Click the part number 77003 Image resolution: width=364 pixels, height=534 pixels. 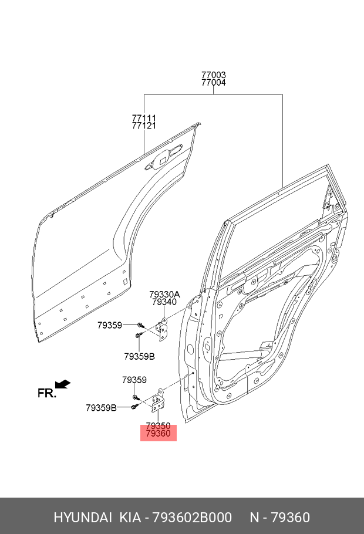point(213,75)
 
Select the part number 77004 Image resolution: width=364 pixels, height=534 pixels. point(213,82)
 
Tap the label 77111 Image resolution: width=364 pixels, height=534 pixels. point(144,118)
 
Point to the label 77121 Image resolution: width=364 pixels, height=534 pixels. point(144,126)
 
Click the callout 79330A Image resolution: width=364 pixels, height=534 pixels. point(164,294)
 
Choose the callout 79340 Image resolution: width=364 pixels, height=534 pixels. point(164,302)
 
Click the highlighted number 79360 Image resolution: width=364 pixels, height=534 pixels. point(158,434)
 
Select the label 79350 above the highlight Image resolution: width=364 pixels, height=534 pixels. point(158,426)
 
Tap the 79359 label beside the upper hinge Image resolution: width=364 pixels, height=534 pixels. point(110,325)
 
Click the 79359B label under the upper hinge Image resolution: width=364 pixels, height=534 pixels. point(139,357)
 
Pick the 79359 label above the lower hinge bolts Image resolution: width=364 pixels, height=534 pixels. point(134,380)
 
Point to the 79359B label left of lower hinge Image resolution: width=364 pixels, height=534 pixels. point(101,408)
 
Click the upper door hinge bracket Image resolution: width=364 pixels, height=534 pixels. point(162,328)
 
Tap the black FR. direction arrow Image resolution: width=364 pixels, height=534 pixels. point(63,384)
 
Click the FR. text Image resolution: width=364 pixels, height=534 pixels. point(47,393)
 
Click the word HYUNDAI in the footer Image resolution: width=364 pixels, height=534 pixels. point(83,518)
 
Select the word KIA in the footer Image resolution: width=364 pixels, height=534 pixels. point(130,518)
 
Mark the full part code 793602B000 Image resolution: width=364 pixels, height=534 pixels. point(192,518)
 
